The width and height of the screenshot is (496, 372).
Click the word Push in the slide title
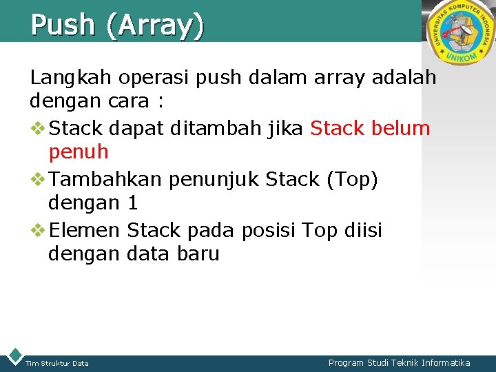[x=63, y=25]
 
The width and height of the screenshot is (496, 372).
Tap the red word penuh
[x=79, y=152]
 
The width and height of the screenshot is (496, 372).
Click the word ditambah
[x=228, y=128]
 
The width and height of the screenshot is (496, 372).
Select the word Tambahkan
[x=106, y=179]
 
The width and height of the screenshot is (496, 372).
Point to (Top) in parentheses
[x=352, y=180]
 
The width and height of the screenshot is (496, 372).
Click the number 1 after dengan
[x=133, y=203]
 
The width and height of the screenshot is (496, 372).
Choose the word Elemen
[x=85, y=229]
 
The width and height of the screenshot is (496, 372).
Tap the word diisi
[x=358, y=229]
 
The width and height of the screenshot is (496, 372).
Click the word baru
[x=198, y=254]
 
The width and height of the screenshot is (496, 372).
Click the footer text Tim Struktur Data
[x=56, y=363]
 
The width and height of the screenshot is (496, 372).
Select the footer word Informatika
[x=446, y=362]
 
